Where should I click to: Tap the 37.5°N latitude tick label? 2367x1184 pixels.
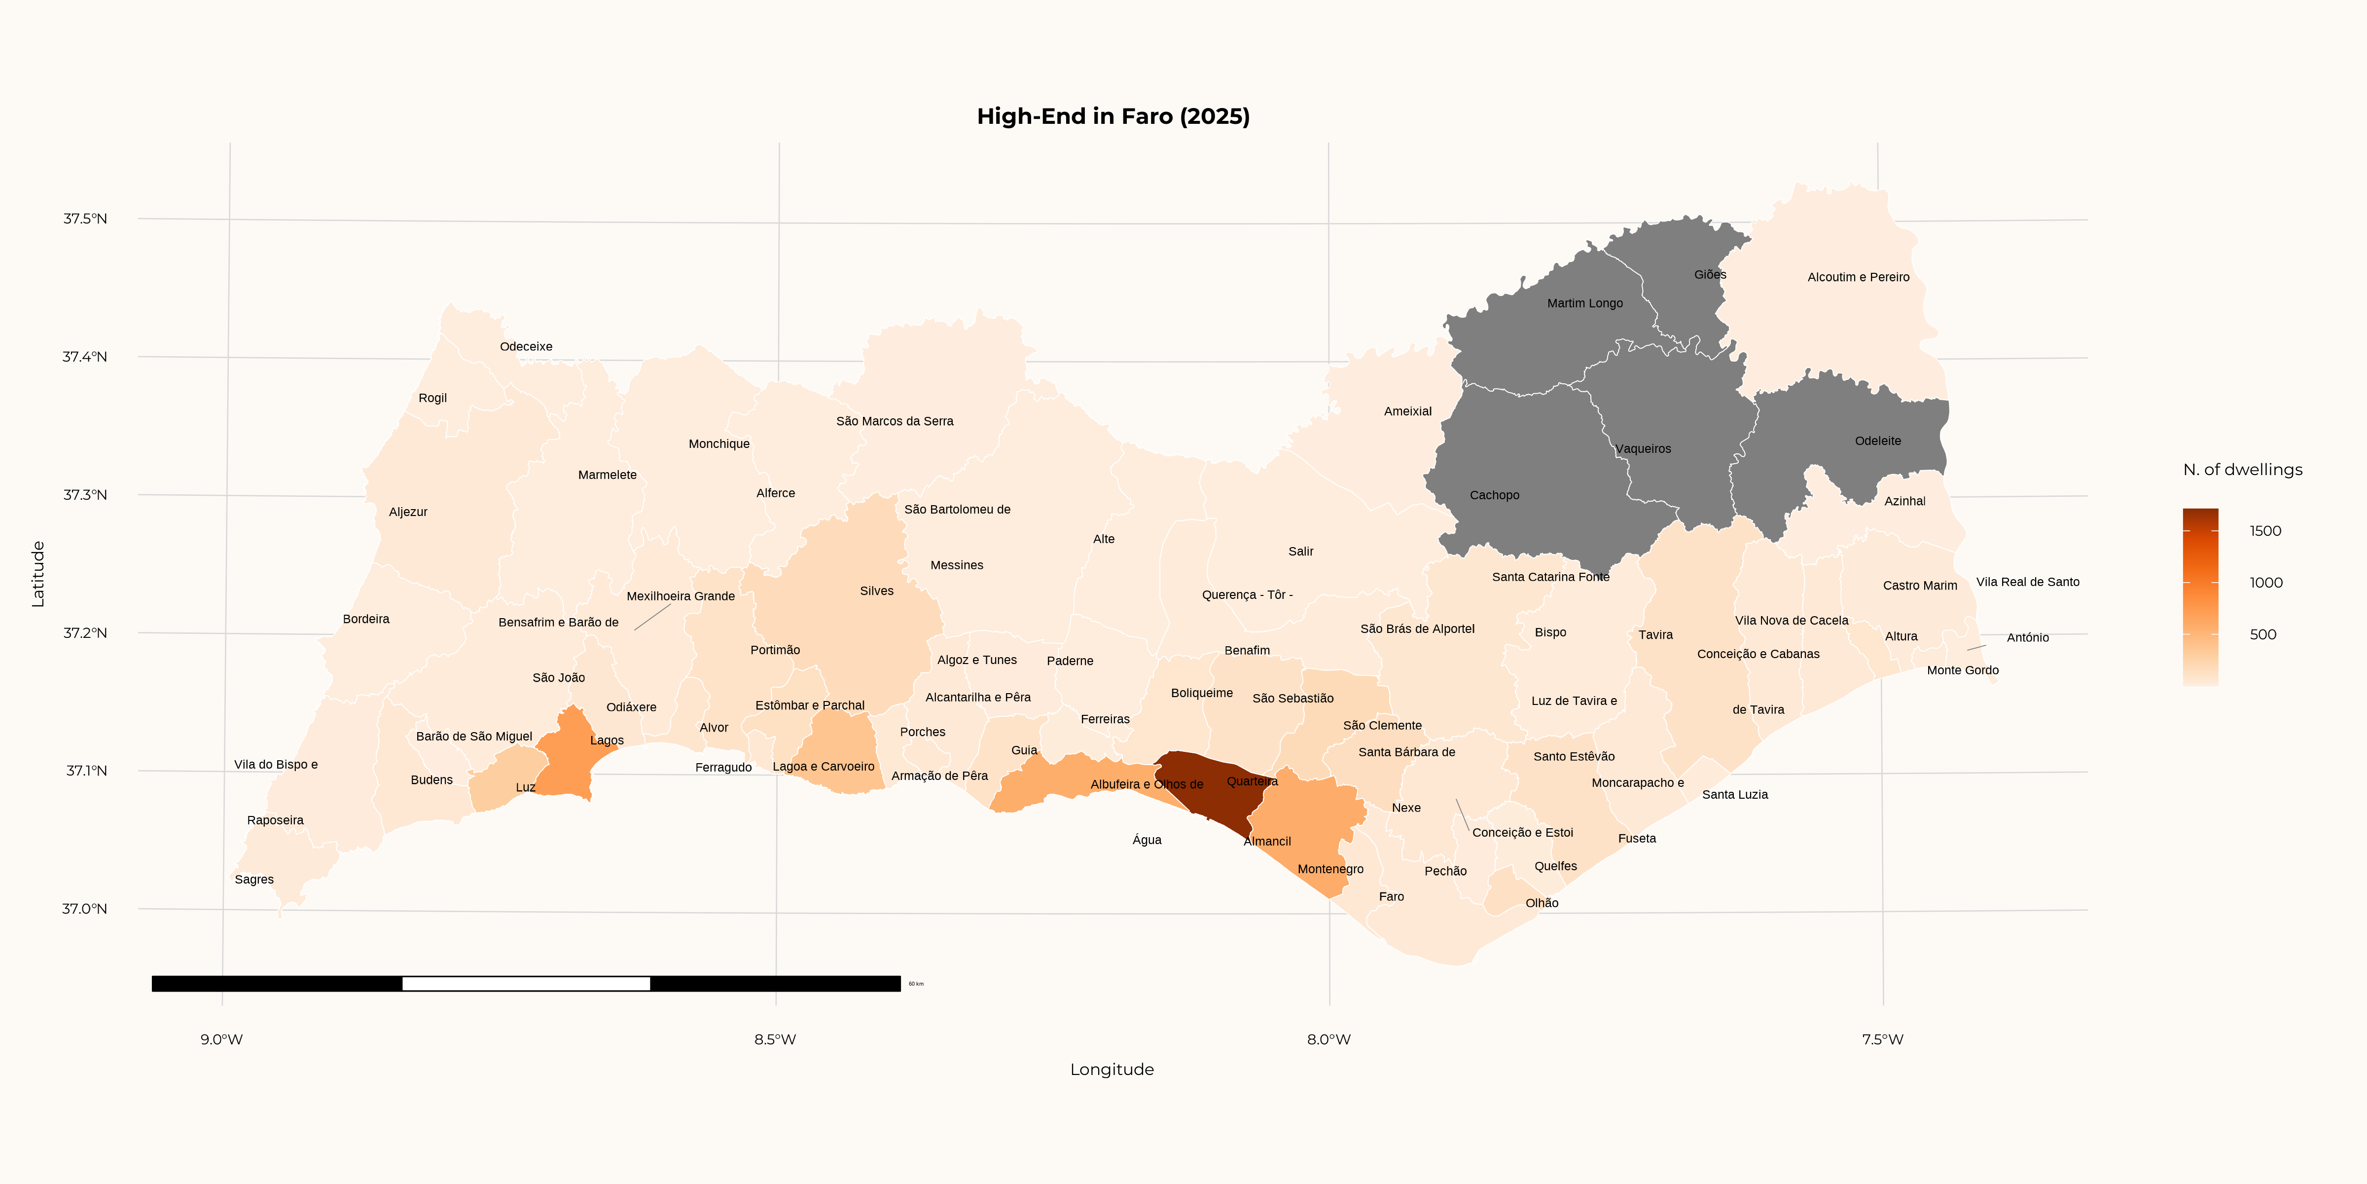pyautogui.click(x=84, y=219)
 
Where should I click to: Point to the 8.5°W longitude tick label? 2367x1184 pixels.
pyautogui.click(x=775, y=1039)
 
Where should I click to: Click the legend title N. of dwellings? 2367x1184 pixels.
pyautogui.click(x=2242, y=470)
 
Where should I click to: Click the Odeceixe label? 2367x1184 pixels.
pyautogui.click(x=526, y=346)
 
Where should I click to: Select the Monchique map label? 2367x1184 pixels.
pyautogui.click(x=718, y=444)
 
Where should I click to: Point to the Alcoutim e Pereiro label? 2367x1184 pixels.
pyautogui.click(x=1858, y=277)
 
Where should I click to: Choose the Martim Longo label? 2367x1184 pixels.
pyautogui.click(x=1584, y=303)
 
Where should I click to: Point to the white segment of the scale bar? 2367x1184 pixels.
pyautogui.click(x=526, y=984)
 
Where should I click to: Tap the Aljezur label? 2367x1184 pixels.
pyautogui.click(x=408, y=512)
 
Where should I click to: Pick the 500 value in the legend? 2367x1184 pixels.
pyautogui.click(x=2262, y=634)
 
